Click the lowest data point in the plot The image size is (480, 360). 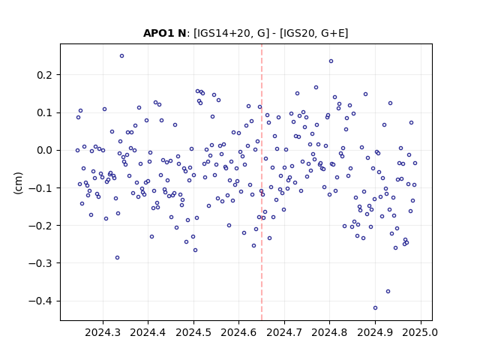tap(375, 307)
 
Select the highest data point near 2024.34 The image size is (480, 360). tap(121, 56)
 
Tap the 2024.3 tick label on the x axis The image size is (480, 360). tap(103, 332)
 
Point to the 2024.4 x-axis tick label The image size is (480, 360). tap(148, 332)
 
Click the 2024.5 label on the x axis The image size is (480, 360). tap(193, 332)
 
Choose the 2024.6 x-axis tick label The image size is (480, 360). tap(238, 332)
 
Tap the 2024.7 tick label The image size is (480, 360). tap(284, 332)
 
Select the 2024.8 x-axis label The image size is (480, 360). tap(330, 332)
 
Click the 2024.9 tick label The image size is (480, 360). tap(375, 332)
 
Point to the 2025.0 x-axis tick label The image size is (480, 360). tap(421, 332)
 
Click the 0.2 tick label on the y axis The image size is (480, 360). tap(44, 75)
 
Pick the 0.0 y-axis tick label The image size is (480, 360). tap(44, 150)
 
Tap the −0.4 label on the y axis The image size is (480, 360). tap(40, 301)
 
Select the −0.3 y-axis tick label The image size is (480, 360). tap(40, 263)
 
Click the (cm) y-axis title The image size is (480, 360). tap(18, 183)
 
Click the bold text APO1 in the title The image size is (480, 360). tap(156, 33)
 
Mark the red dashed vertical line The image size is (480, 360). tap(262, 182)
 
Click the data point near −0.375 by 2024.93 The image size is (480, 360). tap(388, 292)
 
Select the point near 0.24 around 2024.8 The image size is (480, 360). tap(331, 61)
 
